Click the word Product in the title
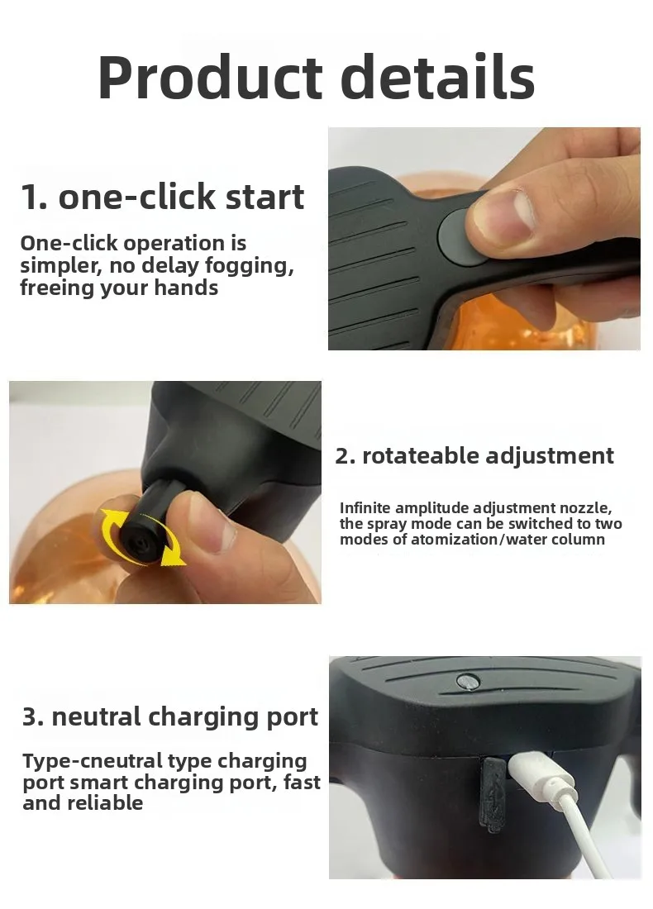coord(210,79)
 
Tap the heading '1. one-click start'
coord(162,198)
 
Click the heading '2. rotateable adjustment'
coord(474,455)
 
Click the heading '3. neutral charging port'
coord(170,716)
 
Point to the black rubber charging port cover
coord(492,793)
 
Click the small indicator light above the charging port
coord(466,681)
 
